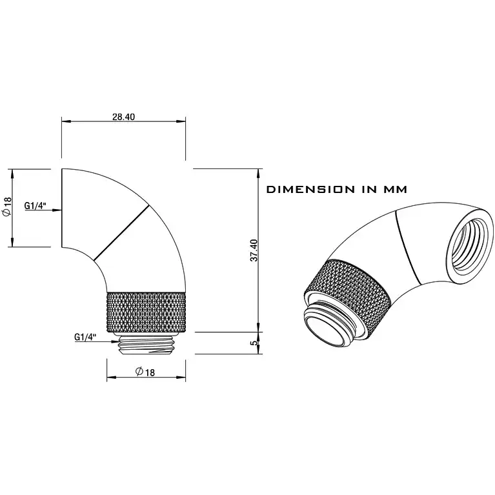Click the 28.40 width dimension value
(x=123, y=117)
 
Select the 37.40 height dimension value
(x=254, y=250)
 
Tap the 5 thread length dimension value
(x=254, y=343)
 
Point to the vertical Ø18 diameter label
(x=7, y=207)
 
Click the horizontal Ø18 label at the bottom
(x=145, y=372)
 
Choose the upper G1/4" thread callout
(x=35, y=205)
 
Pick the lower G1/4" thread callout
(x=85, y=337)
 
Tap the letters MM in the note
(x=395, y=189)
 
